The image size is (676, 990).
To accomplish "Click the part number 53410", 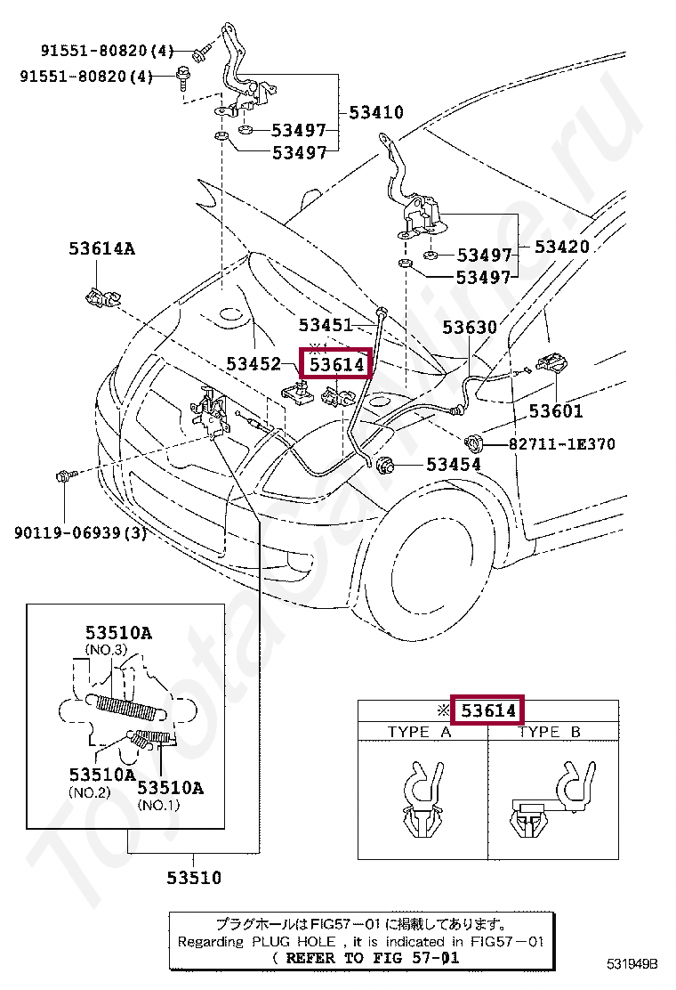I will point(375,113).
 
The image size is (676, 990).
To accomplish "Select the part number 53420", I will point(561,247).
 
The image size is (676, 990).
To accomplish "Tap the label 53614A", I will point(101,248).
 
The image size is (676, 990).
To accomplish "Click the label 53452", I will point(253,364).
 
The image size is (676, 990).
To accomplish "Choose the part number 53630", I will point(470,329).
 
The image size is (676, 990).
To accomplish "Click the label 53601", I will point(556,410).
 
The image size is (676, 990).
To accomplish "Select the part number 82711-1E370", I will point(561,443).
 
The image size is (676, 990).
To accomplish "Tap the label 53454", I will point(453,464).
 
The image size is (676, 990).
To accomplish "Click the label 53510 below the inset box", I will point(193,878).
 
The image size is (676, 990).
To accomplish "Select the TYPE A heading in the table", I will point(419,732).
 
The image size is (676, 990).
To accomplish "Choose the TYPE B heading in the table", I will point(549,732).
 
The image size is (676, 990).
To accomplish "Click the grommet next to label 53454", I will point(387,464).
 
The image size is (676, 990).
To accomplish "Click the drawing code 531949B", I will point(632,963).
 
